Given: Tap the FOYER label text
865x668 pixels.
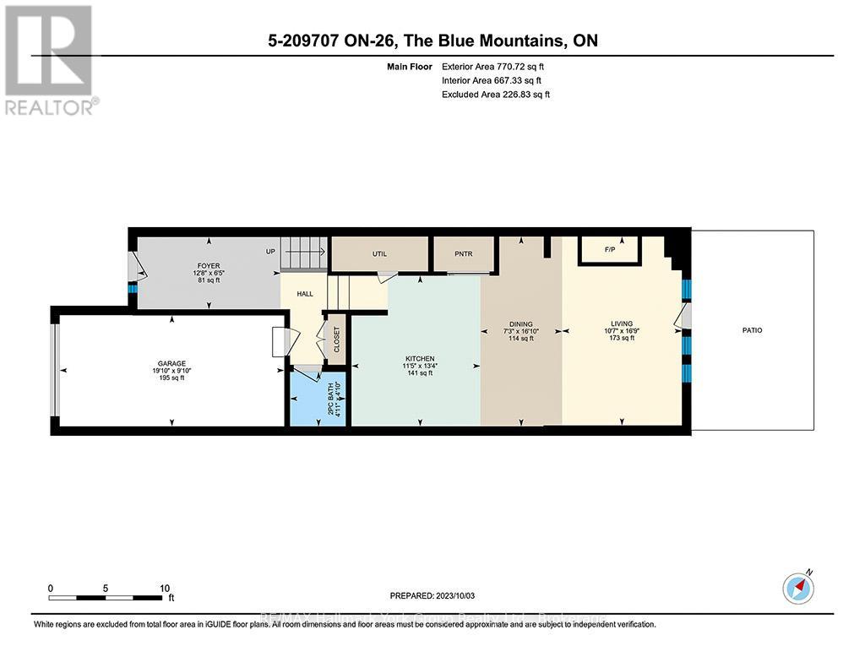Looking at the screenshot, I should point(197,266).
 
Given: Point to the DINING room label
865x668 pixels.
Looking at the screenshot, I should point(521,323).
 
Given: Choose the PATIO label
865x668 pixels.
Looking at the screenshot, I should point(752,330).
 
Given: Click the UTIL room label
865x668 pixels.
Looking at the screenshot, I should point(379,253).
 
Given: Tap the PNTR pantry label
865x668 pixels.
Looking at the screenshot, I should point(462,253).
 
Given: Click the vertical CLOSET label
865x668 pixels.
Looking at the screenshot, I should point(336,339).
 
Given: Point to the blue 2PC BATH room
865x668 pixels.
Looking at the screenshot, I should point(318,399).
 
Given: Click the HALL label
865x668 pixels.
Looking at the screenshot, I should point(305,294).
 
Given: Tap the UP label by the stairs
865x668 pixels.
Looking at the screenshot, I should point(270,252).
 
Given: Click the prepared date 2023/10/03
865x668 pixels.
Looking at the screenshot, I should point(432,595).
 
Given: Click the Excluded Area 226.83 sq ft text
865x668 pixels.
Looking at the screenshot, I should point(496,95).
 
